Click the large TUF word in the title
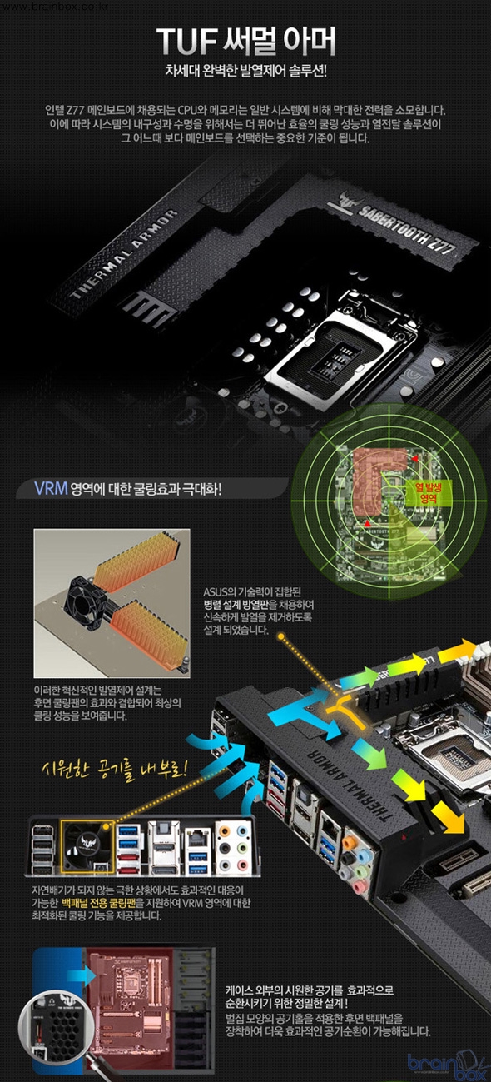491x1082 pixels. click(x=187, y=41)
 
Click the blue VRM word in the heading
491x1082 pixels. click(x=51, y=488)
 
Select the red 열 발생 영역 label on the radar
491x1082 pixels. click(x=428, y=492)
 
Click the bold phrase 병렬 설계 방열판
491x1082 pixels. click(x=236, y=605)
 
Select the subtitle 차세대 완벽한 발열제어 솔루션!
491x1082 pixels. click(x=245, y=72)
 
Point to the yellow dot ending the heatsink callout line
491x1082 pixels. click(x=281, y=636)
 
